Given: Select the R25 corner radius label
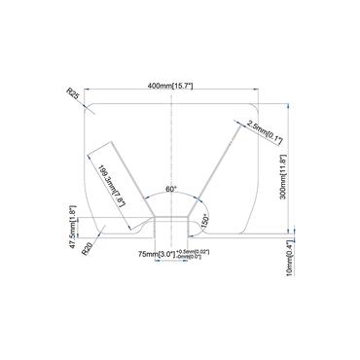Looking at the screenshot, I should [72, 93].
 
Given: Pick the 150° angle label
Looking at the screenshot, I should [205, 220].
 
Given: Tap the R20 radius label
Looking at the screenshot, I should [87, 248].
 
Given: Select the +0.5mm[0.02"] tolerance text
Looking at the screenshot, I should [191, 250].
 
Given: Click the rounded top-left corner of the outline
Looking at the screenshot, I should [90, 105].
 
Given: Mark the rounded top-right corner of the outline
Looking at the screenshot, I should [255, 105].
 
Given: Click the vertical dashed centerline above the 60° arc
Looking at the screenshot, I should [171, 146].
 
